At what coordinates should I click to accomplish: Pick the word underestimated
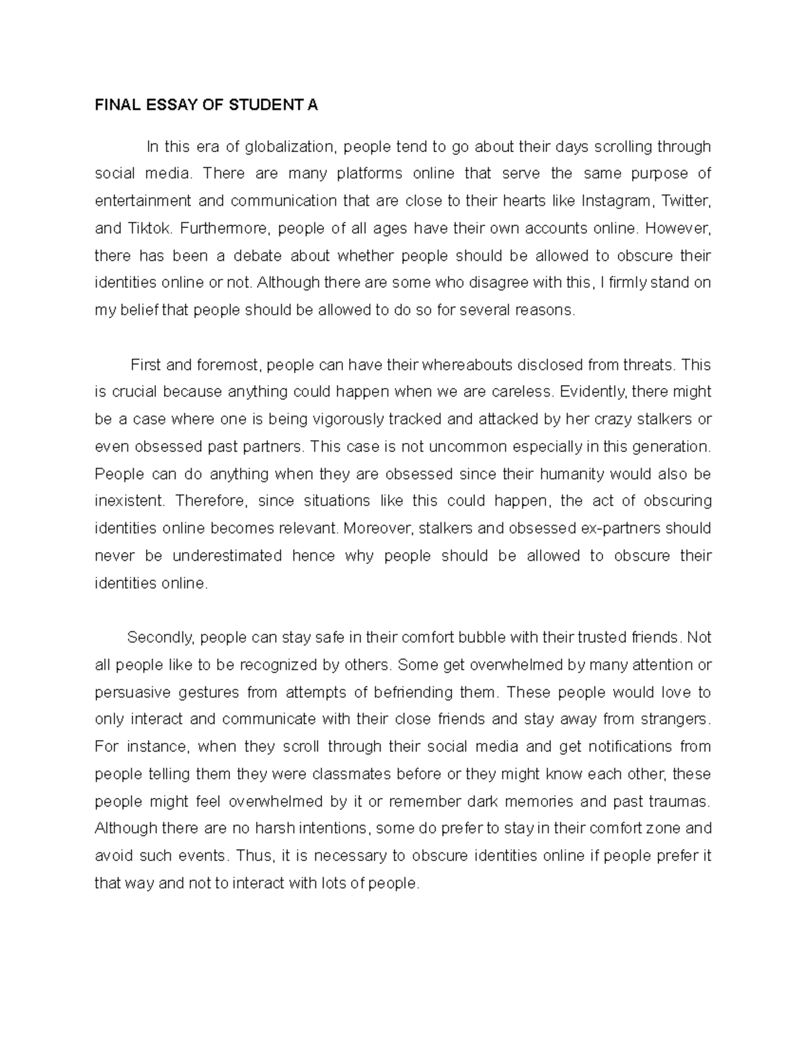click(227, 556)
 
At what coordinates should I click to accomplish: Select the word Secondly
click(161, 637)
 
